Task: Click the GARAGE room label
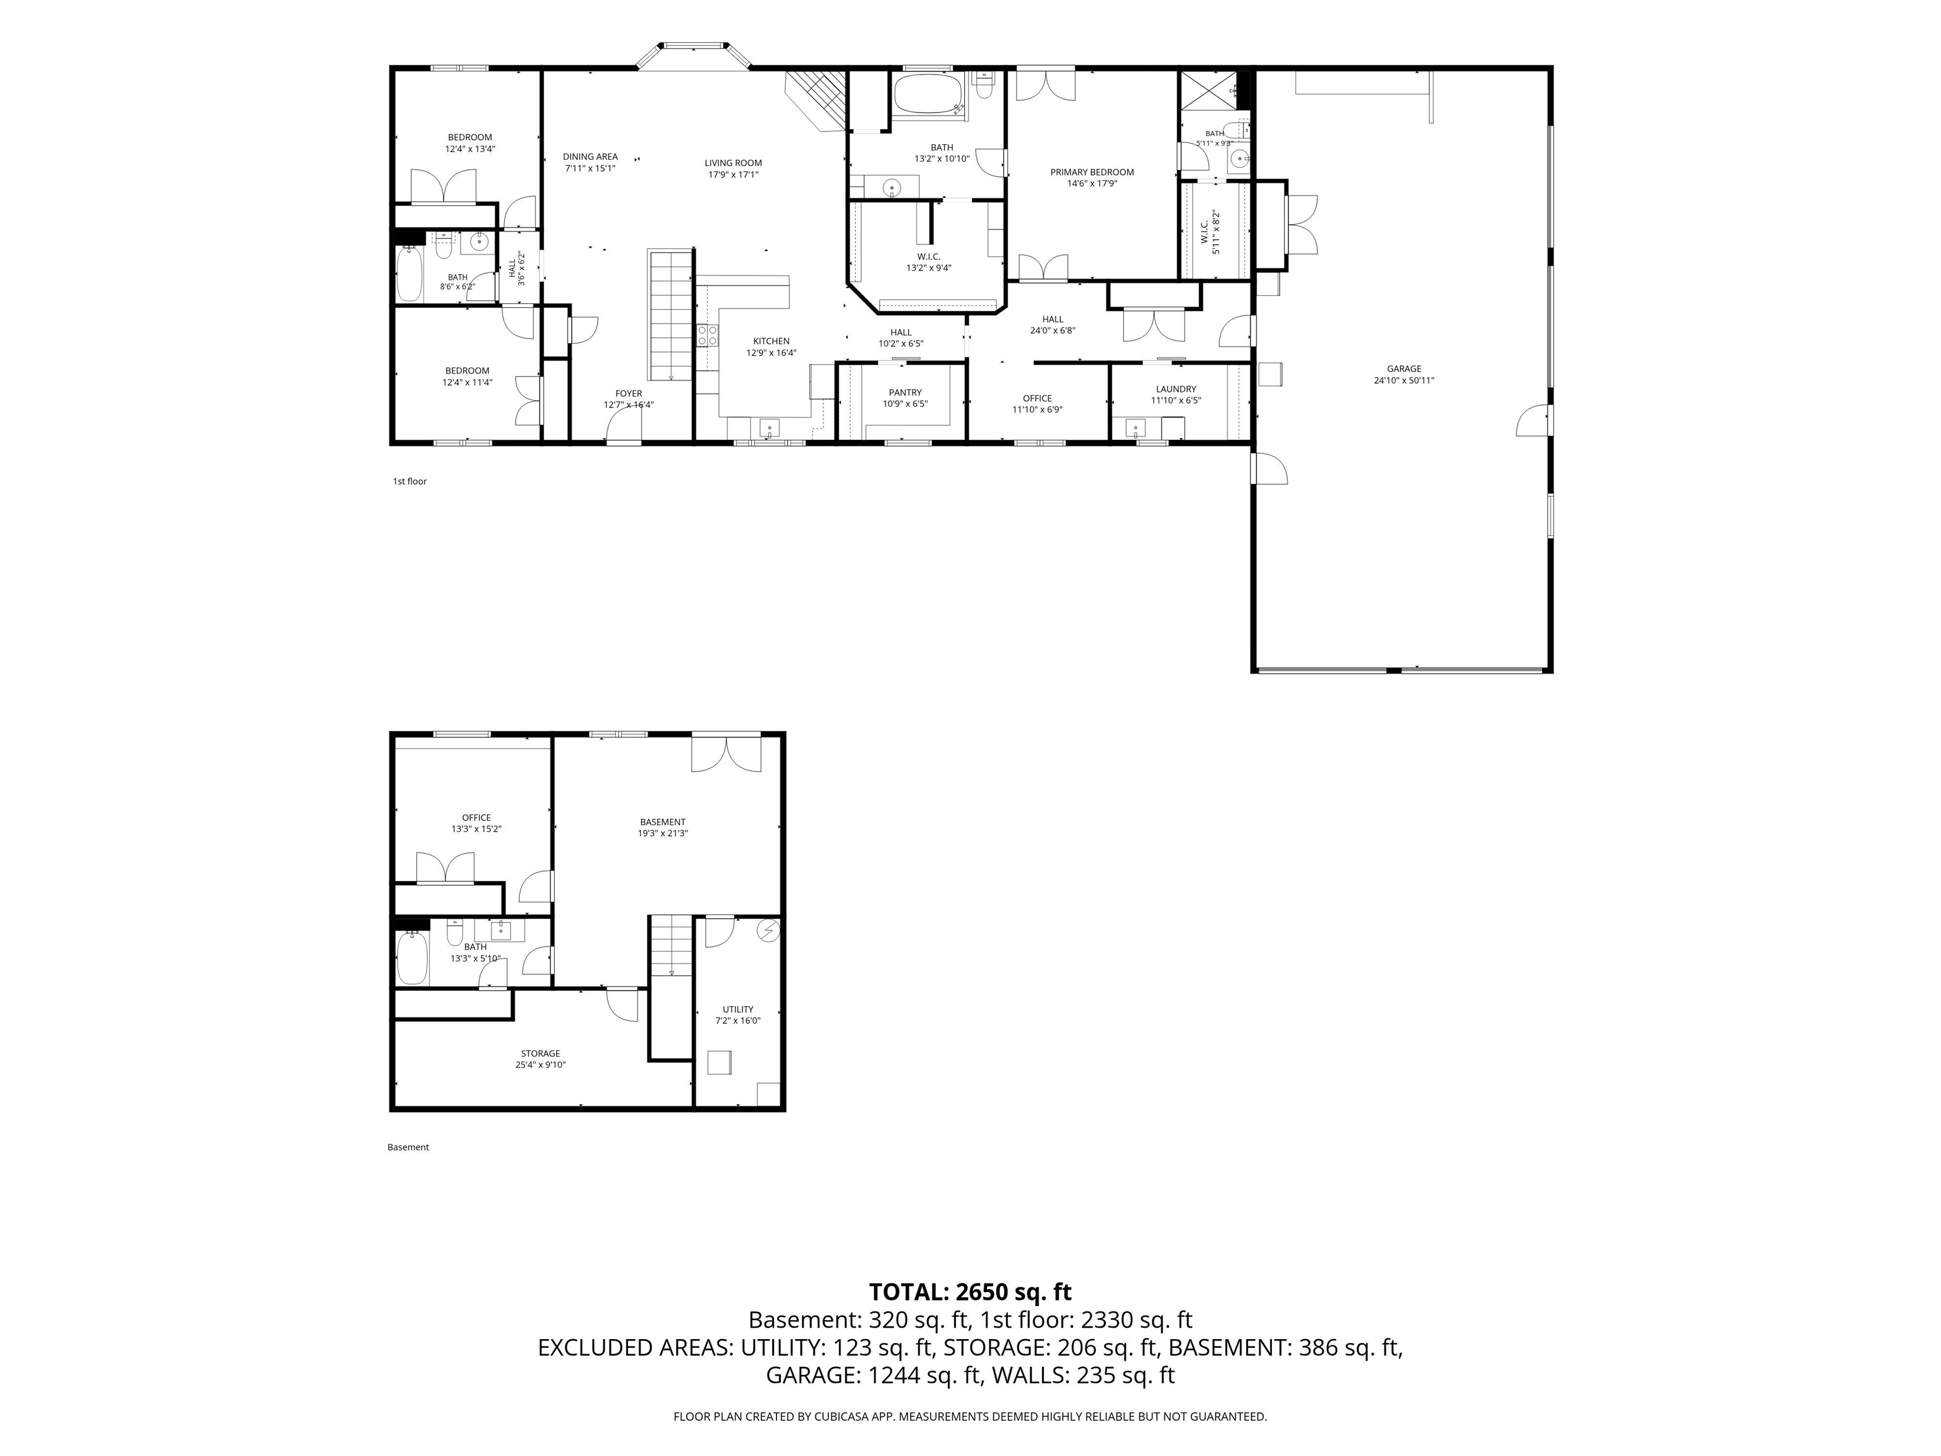(x=1404, y=368)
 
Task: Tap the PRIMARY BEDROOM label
(x=1092, y=172)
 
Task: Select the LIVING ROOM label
(x=733, y=162)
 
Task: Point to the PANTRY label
(x=905, y=392)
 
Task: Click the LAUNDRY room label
(x=1176, y=389)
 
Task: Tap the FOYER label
(x=628, y=393)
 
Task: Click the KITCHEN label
(x=771, y=341)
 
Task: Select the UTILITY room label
(x=738, y=1009)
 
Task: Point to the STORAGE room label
(x=540, y=1053)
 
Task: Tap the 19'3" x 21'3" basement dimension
(x=663, y=834)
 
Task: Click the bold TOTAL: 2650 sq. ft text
(x=970, y=1292)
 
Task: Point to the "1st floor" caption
(x=410, y=481)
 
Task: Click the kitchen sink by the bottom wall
(x=770, y=429)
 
